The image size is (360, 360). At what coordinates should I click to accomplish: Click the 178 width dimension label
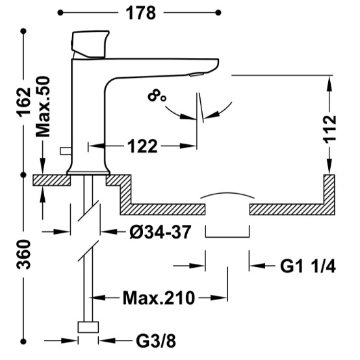tap(141, 13)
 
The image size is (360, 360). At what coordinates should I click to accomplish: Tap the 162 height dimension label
tap(25, 102)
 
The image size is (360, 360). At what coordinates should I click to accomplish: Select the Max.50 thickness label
tap(43, 107)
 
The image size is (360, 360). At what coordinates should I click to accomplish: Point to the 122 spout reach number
tap(142, 146)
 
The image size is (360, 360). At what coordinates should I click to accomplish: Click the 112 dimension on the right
tap(330, 129)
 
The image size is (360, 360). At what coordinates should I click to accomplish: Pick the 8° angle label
tap(157, 96)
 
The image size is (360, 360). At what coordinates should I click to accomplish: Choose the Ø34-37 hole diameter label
tap(161, 232)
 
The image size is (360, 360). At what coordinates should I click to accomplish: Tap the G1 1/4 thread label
tap(308, 266)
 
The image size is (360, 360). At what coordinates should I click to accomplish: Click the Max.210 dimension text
tap(159, 298)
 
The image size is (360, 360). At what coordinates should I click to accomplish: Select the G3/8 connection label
tap(156, 341)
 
